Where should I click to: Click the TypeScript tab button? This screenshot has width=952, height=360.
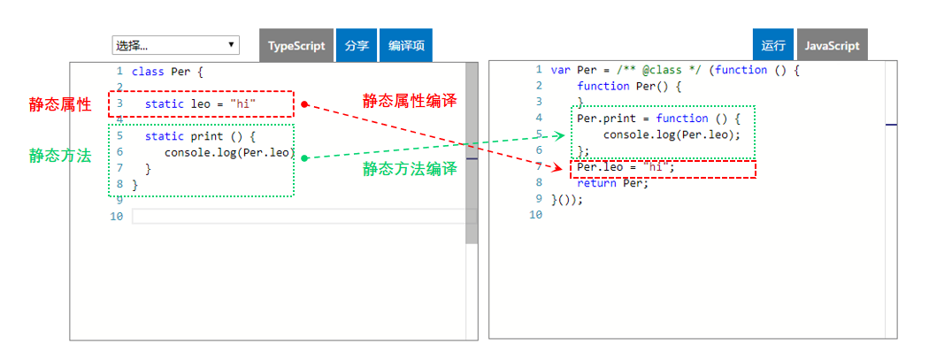[297, 46]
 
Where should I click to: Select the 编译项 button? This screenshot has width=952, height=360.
[406, 46]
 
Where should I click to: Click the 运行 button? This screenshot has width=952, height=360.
[773, 46]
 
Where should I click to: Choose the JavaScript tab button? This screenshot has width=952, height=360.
[832, 46]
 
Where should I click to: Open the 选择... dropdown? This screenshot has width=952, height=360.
[175, 45]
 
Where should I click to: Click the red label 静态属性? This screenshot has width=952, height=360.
[60, 104]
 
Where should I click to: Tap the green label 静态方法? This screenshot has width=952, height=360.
[60, 156]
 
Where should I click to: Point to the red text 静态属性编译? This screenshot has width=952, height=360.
[410, 101]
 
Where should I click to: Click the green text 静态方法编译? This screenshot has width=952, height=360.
[410, 169]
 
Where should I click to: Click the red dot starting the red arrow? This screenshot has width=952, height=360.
[304, 104]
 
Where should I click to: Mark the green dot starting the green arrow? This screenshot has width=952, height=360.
[304, 158]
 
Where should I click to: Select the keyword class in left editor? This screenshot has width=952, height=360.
[147, 71]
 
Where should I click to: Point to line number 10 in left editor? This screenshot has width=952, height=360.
[117, 216]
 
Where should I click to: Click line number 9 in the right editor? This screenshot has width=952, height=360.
[538, 199]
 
